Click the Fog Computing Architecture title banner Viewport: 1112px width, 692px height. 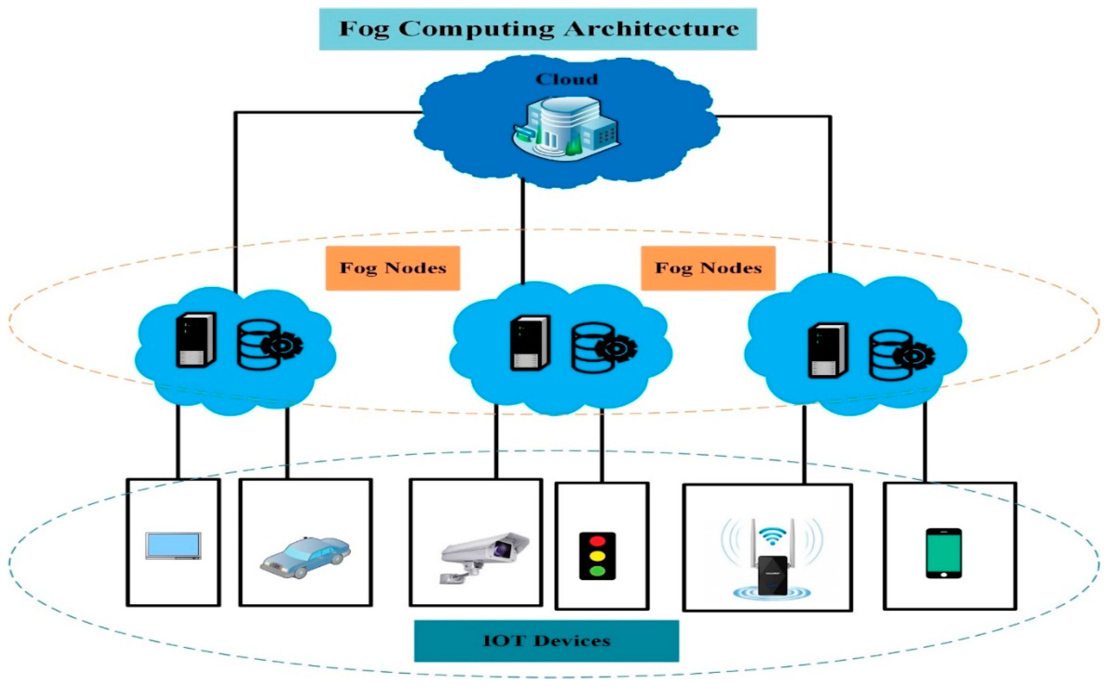pyautogui.click(x=538, y=29)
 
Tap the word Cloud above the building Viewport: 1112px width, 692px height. pyautogui.click(x=567, y=80)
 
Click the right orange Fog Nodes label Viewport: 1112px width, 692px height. pyautogui.click(x=708, y=268)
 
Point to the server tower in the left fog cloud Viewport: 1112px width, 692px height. pyautogui.click(x=196, y=340)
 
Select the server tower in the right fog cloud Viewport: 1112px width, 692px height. pyautogui.click(x=828, y=351)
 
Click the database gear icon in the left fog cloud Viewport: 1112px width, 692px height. pyautogui.click(x=269, y=344)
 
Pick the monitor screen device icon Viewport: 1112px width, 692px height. pyautogui.click(x=173, y=546)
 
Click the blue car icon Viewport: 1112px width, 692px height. pyautogui.click(x=305, y=558)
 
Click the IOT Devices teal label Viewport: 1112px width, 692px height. pyautogui.click(x=546, y=641)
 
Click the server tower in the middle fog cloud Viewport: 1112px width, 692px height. pyautogui.click(x=530, y=343)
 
